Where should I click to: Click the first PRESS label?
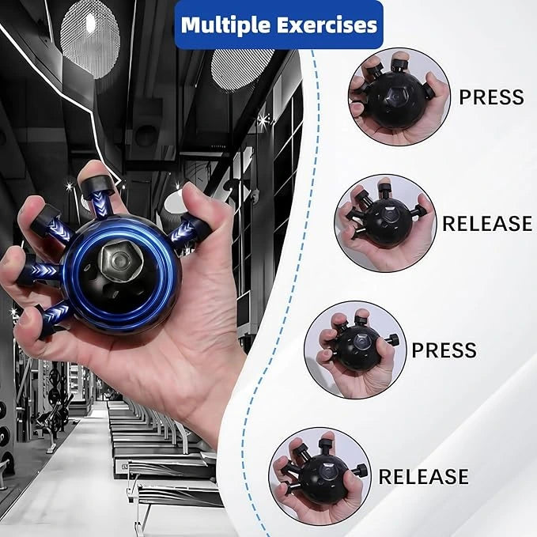click(x=491, y=97)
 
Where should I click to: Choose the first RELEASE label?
click(x=486, y=224)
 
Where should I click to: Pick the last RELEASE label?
click(x=423, y=477)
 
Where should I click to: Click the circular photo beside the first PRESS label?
click(x=398, y=97)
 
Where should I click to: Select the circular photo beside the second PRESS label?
click(x=355, y=350)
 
